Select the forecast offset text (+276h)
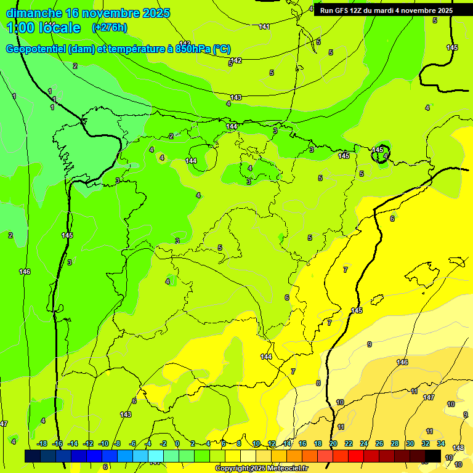click(x=109, y=28)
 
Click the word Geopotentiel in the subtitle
click(x=36, y=49)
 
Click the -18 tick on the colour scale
click(x=42, y=443)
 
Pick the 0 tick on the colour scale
click(x=177, y=443)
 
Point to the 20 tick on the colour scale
click(x=333, y=443)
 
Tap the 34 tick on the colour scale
click(x=441, y=443)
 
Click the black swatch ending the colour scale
click(x=432, y=456)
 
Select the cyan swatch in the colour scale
click(x=156, y=456)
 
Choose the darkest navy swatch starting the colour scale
click(x=33, y=456)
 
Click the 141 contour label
click(x=265, y=26)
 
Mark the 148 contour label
click(x=458, y=448)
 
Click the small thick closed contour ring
click(x=379, y=153)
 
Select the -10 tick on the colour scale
click(x=103, y=443)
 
